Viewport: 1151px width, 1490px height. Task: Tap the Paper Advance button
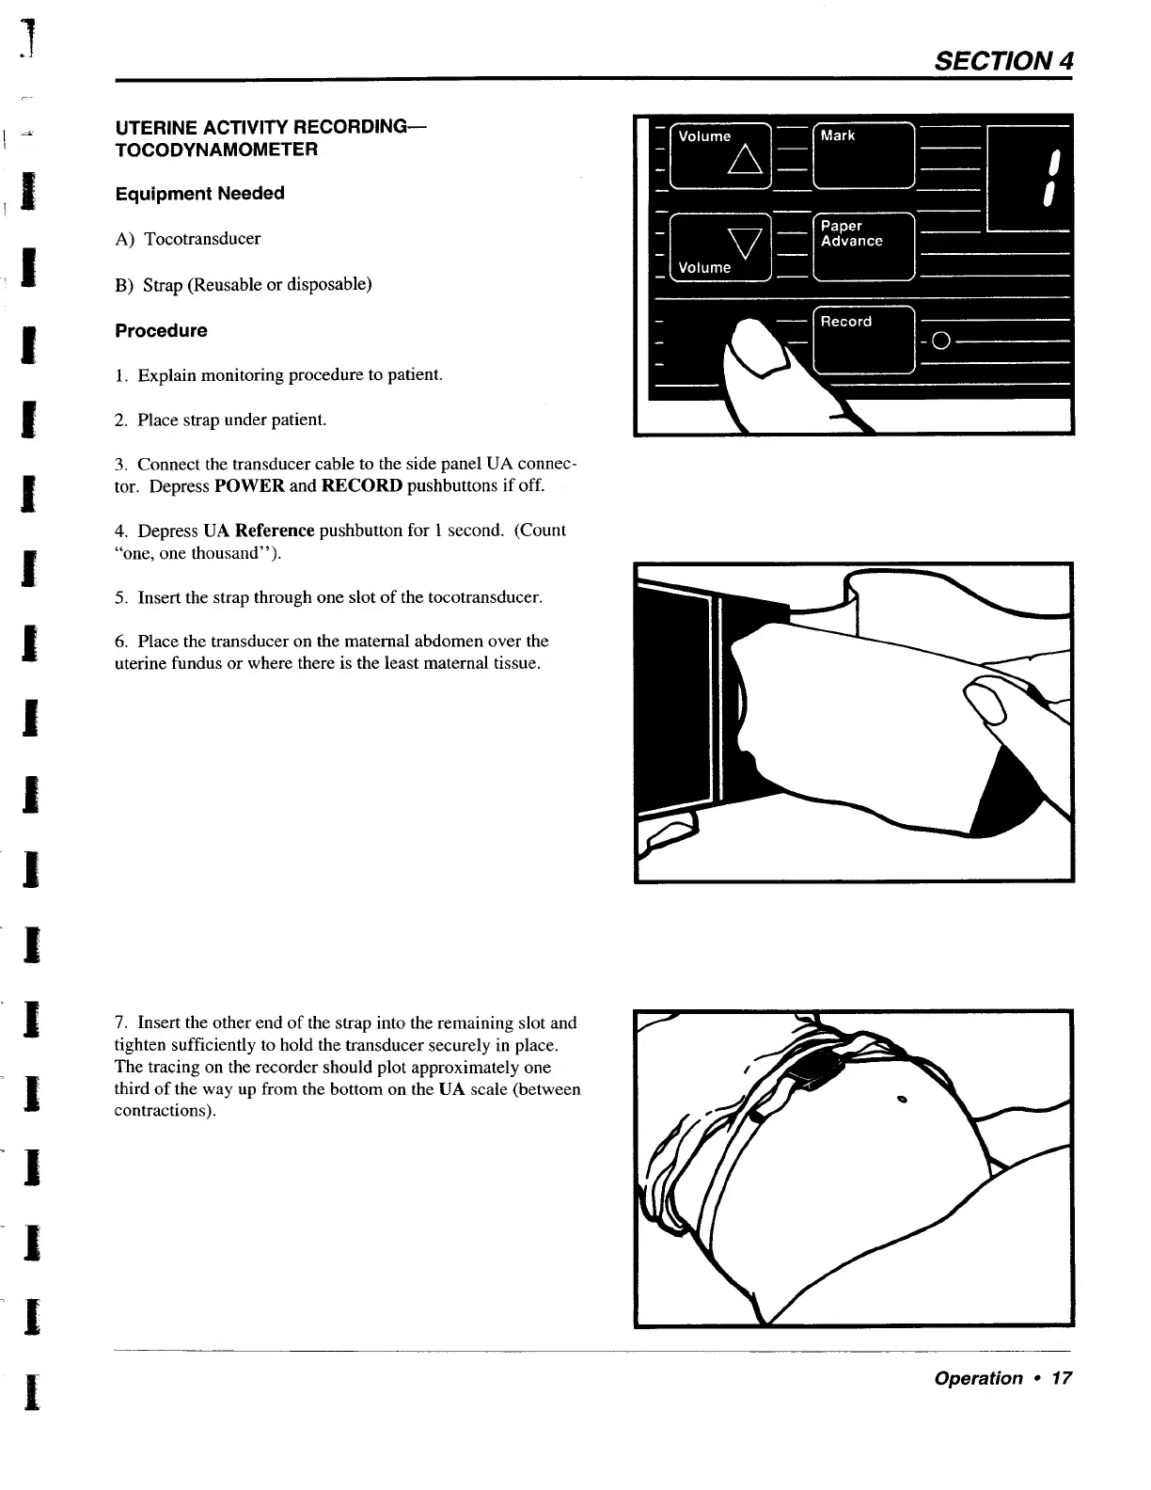tap(862, 246)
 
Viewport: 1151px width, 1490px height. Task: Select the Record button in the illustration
tap(862, 341)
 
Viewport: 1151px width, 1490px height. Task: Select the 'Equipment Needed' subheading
tap(199, 193)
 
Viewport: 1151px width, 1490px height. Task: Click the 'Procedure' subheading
tap(161, 330)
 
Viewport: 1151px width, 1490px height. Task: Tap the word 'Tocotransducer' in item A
tap(202, 239)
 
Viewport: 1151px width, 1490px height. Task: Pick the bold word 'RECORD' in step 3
tap(361, 486)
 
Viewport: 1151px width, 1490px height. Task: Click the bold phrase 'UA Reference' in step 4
tap(259, 531)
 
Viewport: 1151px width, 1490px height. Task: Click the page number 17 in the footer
tap(1061, 1378)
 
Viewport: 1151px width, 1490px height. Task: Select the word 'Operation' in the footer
tap(978, 1378)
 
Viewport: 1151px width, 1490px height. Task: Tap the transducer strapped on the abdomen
tap(812, 1071)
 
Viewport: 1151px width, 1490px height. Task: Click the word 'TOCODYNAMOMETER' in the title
tap(216, 150)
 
